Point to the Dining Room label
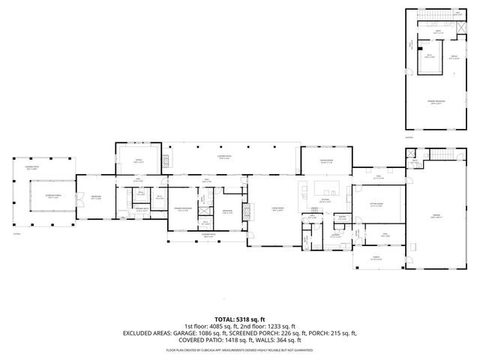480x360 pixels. [325, 161]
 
